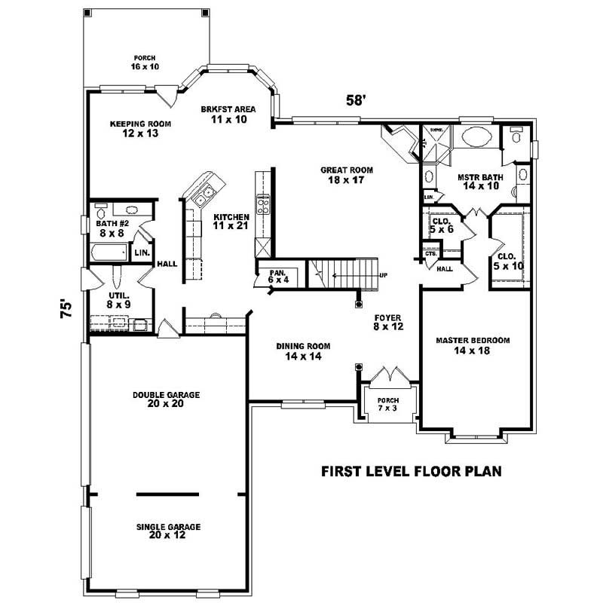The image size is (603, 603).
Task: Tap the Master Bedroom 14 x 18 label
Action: click(x=473, y=345)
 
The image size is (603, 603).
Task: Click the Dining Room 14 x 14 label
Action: click(x=303, y=351)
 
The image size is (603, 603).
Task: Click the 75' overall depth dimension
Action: click(x=66, y=310)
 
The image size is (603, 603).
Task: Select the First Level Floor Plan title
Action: click(x=412, y=471)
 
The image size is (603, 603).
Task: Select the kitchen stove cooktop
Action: click(x=264, y=204)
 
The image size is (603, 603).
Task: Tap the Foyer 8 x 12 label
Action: click(x=387, y=323)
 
